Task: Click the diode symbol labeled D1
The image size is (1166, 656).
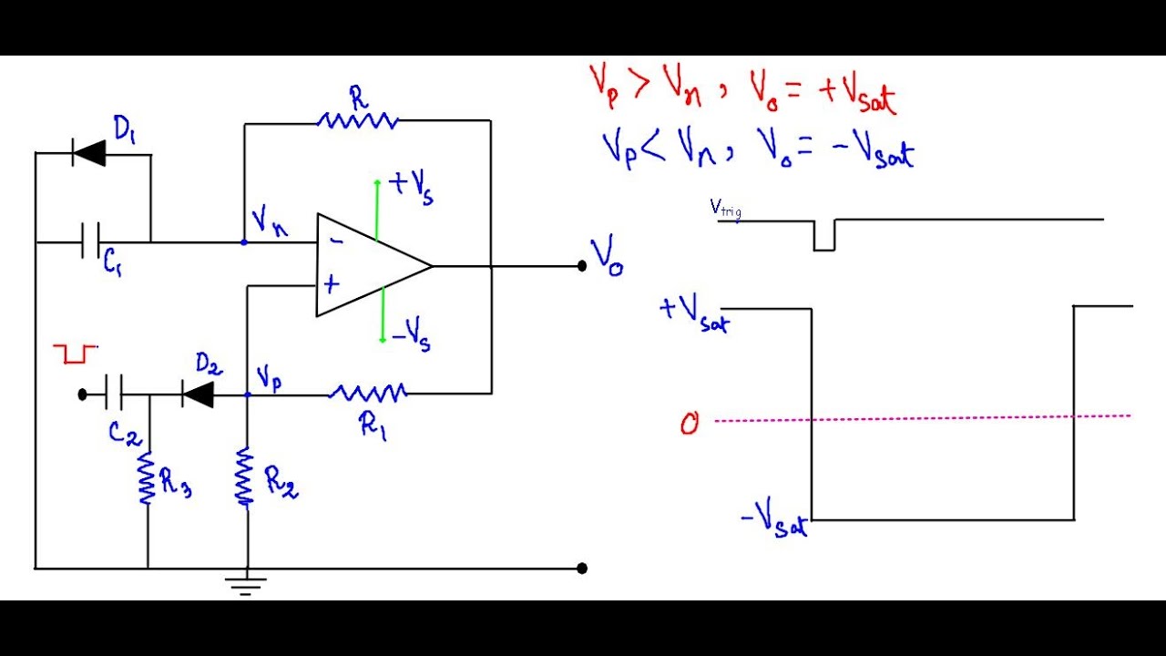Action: [89, 154]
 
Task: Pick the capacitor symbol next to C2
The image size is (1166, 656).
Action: [114, 395]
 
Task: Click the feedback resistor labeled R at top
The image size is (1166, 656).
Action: [357, 119]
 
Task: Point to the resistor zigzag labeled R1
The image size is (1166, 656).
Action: [368, 394]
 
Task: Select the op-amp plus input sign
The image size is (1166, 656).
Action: [332, 283]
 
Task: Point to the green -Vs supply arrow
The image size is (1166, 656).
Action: [384, 314]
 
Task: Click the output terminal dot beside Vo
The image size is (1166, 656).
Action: [581, 266]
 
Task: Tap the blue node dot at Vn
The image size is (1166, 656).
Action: [244, 242]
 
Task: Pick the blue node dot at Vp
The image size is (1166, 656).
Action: [248, 395]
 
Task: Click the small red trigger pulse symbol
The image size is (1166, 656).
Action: [73, 354]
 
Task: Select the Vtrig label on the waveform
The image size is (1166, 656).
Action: [725, 209]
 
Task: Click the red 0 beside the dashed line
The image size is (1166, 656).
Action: [690, 424]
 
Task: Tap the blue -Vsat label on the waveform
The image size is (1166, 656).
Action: [775, 522]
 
